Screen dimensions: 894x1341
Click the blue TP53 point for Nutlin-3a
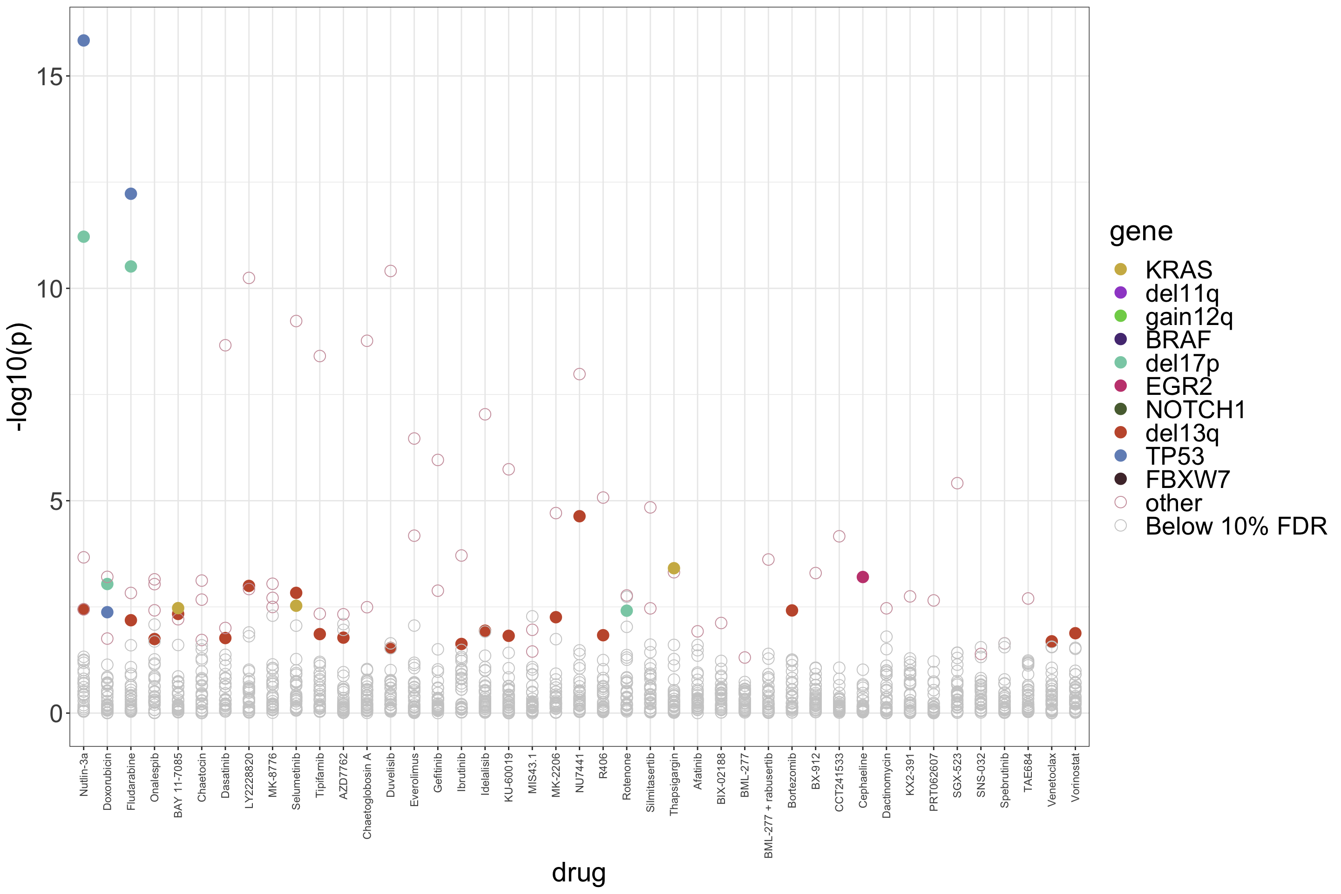coord(84,41)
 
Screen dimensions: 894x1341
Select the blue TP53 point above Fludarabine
coord(130,194)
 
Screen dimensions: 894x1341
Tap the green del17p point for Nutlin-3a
coord(84,237)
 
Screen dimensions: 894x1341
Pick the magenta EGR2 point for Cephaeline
coord(863,577)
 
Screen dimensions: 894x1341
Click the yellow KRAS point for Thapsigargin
coord(674,568)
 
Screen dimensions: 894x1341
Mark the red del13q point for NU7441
coord(579,516)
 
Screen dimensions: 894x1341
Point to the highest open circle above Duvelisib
coord(391,271)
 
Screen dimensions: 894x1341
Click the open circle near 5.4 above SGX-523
coord(957,483)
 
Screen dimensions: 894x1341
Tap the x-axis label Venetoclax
coord(1052,779)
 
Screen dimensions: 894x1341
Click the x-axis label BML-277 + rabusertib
coord(769,805)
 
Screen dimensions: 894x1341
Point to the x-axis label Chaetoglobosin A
coord(367,796)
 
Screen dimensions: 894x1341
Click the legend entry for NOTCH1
coord(1195,410)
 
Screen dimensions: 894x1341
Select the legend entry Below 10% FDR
coord(1235,526)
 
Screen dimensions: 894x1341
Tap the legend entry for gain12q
coord(1189,317)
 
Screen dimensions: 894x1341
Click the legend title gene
coord(1141,231)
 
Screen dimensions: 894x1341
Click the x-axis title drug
coord(579,872)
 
